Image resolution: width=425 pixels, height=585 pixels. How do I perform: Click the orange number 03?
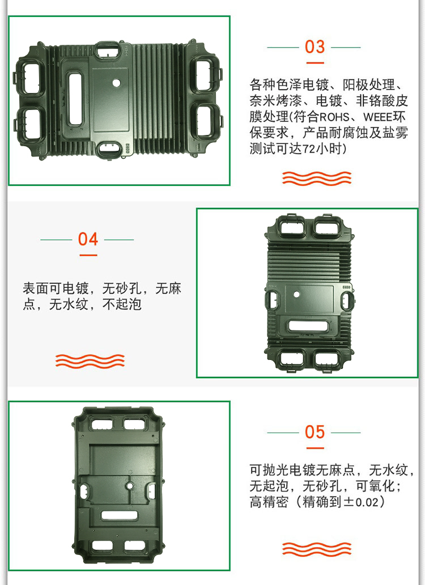click(314, 47)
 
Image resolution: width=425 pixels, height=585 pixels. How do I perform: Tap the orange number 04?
click(88, 239)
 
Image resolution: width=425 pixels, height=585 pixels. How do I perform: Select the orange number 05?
click(314, 432)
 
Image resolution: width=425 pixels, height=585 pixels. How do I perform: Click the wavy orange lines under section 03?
click(317, 179)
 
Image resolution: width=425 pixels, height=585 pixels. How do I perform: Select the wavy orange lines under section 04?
click(90, 361)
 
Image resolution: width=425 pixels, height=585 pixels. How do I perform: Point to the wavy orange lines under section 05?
click(317, 549)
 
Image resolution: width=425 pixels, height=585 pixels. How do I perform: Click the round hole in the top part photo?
click(117, 83)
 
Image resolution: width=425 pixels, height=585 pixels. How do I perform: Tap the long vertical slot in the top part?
click(75, 99)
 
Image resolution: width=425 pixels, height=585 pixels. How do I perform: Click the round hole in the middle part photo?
click(297, 294)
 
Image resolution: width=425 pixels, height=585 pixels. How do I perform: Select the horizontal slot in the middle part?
click(308, 326)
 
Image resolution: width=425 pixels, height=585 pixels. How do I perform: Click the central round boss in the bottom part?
click(130, 486)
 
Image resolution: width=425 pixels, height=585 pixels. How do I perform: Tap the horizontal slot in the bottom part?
click(120, 516)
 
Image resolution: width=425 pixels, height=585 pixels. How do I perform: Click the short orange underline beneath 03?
click(315, 63)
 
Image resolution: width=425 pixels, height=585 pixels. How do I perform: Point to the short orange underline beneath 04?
click(88, 255)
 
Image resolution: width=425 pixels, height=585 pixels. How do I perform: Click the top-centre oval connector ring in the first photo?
click(108, 50)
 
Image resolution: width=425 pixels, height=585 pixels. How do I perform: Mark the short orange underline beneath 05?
click(315, 448)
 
